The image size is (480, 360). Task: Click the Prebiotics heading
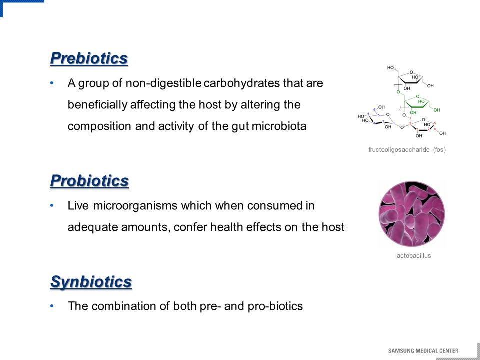click(x=89, y=58)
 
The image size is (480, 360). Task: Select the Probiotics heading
click(x=89, y=181)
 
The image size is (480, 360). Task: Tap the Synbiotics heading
click(x=91, y=282)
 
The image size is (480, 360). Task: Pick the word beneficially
click(x=97, y=105)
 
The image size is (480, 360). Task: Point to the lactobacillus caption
click(x=413, y=255)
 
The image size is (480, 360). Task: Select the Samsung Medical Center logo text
click(x=423, y=351)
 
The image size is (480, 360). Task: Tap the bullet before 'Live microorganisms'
click(x=52, y=205)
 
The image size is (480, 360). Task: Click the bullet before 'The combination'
click(x=52, y=306)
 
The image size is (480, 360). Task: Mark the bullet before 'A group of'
click(x=52, y=83)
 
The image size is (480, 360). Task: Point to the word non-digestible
click(x=164, y=83)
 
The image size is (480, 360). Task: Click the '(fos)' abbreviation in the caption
click(x=439, y=150)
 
